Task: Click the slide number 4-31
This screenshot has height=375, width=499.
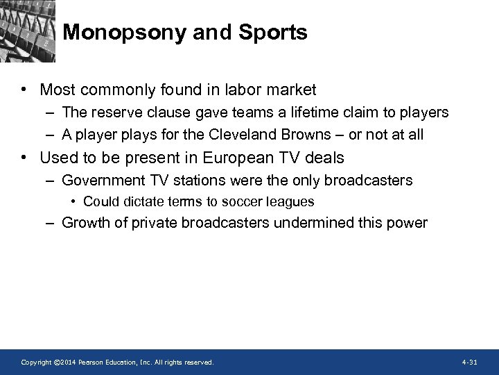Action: point(469,362)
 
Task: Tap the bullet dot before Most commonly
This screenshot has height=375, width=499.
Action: point(24,90)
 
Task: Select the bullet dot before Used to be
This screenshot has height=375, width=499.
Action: point(24,158)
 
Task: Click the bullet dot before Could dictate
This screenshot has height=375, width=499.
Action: point(73,202)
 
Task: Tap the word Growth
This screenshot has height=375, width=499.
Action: point(84,223)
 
